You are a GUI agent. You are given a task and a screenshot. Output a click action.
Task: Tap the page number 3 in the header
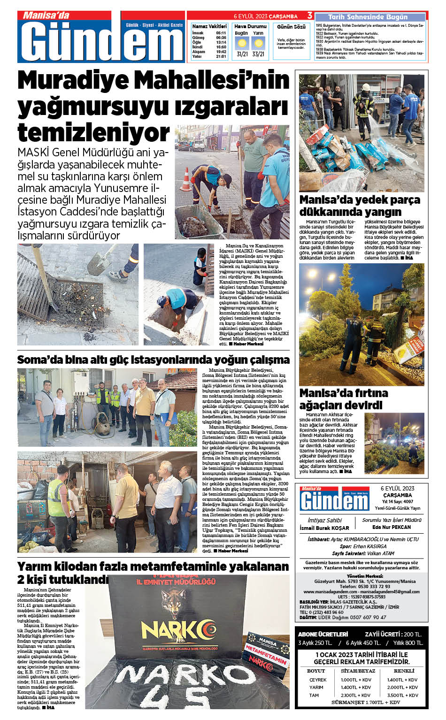coord(310,16)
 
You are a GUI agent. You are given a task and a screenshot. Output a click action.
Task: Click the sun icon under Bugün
coord(242,44)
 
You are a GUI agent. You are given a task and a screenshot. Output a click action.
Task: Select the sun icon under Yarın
coord(258,44)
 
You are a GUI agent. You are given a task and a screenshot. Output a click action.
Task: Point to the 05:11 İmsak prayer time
coord(221,33)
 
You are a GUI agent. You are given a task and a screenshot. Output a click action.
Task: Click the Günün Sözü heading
coord(291,27)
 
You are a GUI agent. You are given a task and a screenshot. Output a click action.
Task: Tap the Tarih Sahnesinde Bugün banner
coord(368,17)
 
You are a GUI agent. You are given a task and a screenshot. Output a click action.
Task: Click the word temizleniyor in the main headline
coord(93,133)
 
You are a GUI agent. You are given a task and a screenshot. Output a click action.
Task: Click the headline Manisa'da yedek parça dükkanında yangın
coord(360,206)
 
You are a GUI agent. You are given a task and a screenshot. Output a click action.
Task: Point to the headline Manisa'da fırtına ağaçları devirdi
coord(344,398)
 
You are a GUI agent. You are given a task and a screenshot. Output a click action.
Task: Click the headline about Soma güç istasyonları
coord(153,360)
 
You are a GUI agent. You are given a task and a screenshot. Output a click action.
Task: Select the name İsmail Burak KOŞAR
coord(324,528)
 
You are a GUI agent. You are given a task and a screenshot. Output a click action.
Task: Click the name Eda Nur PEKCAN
coord(391,527)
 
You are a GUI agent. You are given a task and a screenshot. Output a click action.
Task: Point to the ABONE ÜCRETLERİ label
coord(323,634)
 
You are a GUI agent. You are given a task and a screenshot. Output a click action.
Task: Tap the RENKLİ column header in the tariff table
coord(403,671)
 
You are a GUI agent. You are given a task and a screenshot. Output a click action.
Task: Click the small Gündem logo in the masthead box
coord(334,499)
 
